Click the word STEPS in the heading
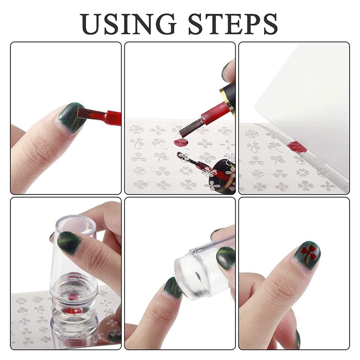coord(233,24)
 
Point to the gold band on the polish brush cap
coord(227,100)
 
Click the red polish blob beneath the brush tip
coord(181,143)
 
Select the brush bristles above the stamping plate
coord(187,130)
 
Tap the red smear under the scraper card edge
coord(297,147)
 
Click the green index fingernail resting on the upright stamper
coord(69,242)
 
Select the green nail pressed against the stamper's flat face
coord(172,288)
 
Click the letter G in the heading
coord(163,24)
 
